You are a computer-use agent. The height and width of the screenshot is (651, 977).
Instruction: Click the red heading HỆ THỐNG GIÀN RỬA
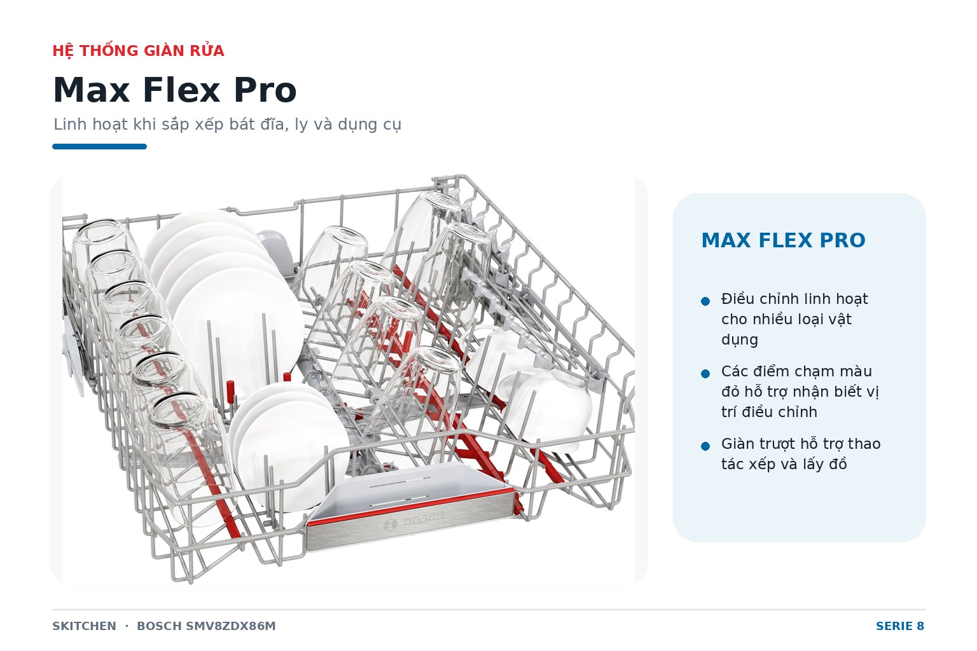[138, 51]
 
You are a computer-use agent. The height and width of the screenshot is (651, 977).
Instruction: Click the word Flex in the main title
[181, 90]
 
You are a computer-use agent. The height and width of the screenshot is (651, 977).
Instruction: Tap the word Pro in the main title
[265, 90]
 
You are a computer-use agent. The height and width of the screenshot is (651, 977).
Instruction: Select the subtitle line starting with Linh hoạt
[227, 124]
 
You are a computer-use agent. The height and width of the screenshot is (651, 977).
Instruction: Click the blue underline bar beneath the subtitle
[99, 146]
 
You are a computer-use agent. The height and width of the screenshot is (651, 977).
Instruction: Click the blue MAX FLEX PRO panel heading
[784, 240]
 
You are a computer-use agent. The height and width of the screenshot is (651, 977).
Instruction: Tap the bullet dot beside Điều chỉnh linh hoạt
[705, 301]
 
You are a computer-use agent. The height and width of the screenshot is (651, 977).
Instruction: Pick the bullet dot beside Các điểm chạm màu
[705, 374]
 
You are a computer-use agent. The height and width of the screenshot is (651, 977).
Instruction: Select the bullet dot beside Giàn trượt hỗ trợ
[705, 446]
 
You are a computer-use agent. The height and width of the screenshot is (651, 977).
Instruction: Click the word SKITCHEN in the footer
[84, 626]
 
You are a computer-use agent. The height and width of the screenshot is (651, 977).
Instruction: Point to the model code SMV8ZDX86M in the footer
[231, 626]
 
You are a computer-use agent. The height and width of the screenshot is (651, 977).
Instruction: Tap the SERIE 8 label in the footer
[900, 626]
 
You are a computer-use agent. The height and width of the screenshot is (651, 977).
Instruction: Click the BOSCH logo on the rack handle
[413, 521]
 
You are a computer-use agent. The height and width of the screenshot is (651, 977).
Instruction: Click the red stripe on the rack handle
[410, 506]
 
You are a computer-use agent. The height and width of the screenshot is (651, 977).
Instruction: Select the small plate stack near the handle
[288, 445]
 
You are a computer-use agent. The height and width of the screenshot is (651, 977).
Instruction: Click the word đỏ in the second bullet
[731, 392]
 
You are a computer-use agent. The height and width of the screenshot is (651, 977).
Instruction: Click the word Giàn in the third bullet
[738, 444]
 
